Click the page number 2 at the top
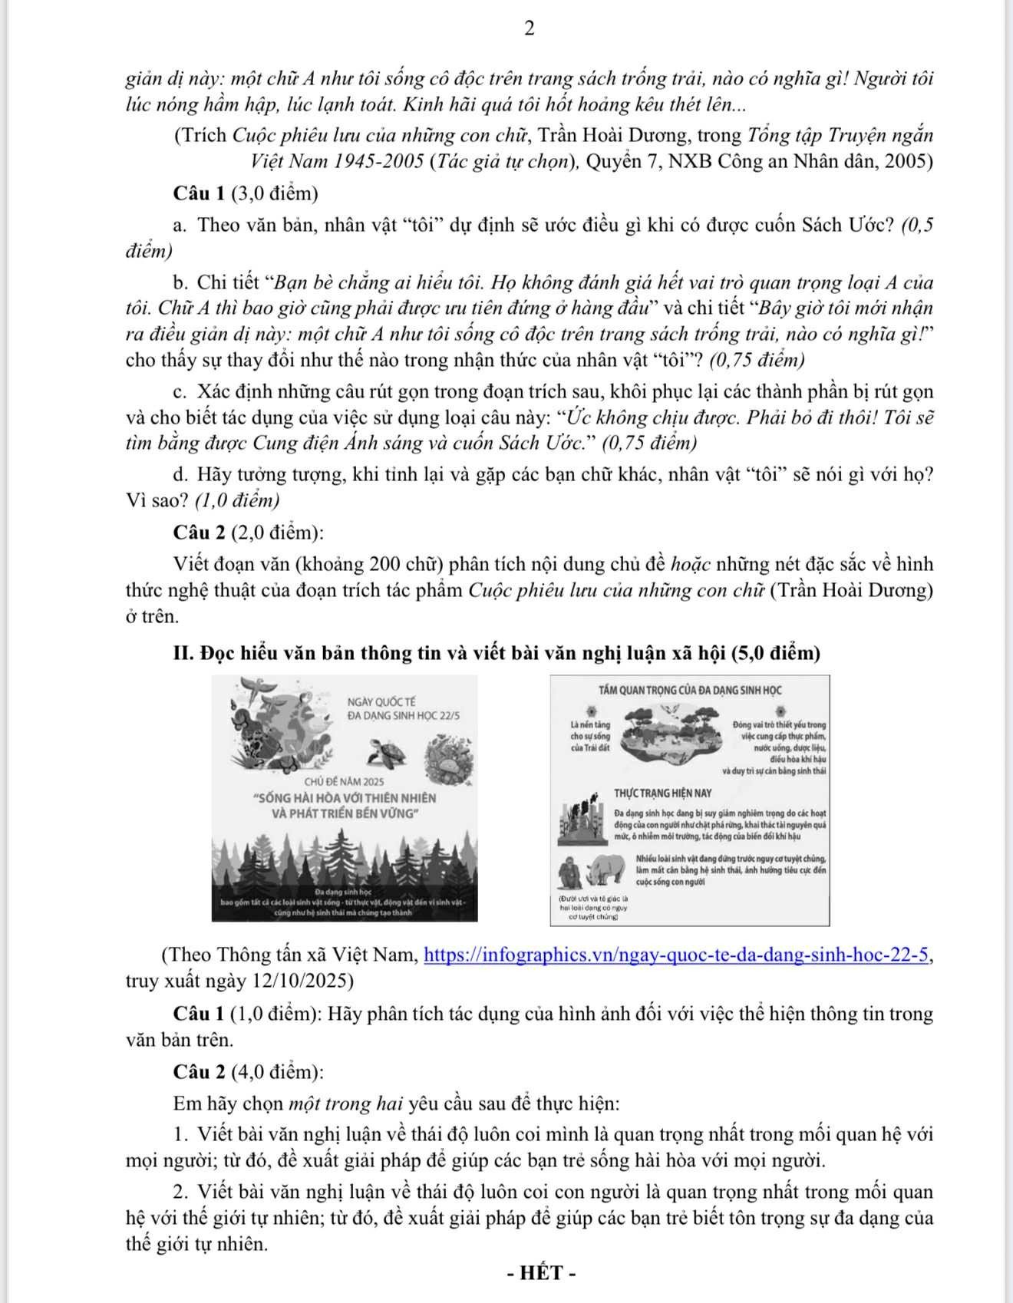click(529, 29)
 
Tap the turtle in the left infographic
click(388, 751)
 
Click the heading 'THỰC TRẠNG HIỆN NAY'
click(662, 793)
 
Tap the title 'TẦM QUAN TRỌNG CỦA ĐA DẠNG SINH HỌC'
click(690, 691)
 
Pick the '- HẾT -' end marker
click(541, 1273)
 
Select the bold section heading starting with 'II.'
click(497, 653)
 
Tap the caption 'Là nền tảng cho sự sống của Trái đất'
click(590, 737)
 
